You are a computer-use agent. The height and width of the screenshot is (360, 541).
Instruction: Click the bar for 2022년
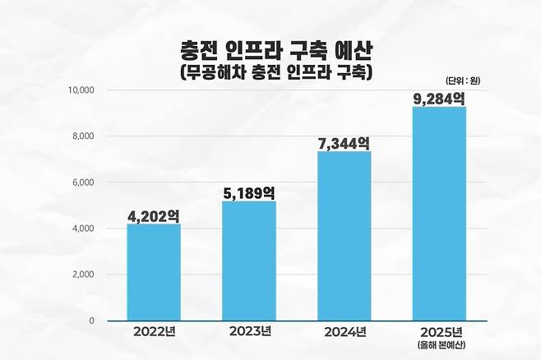pos(154,272)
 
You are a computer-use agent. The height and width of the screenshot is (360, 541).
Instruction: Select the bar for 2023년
pos(249,261)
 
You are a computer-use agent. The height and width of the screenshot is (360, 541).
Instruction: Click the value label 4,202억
pos(154,216)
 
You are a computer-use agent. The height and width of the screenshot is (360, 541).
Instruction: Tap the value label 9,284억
pos(439,99)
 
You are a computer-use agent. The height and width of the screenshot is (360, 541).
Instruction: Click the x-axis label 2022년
pos(154,333)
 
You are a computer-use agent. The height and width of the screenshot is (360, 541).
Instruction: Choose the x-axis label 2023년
pos(248,333)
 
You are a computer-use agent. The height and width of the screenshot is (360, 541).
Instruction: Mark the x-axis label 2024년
pos(344,333)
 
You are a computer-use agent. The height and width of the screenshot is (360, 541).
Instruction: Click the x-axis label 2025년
pos(439,333)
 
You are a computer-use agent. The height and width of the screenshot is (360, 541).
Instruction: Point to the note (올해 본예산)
pos(439,346)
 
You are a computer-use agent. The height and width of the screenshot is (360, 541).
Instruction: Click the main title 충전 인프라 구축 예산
pos(270,51)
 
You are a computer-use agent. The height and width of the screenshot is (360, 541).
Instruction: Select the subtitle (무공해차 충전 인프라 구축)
pos(270,72)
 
